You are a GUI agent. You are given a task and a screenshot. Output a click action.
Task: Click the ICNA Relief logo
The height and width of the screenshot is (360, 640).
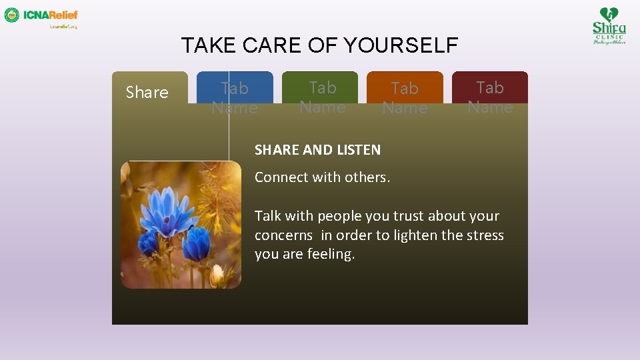(x=41, y=16)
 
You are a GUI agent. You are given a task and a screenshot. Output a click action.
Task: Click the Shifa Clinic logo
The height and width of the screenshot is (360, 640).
(x=609, y=25)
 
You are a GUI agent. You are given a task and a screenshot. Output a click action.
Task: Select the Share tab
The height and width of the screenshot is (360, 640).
(x=147, y=92)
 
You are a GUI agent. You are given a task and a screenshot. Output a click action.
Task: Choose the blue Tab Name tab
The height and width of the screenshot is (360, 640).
(x=235, y=97)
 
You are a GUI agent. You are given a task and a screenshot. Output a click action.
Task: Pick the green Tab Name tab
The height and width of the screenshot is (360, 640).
(x=323, y=97)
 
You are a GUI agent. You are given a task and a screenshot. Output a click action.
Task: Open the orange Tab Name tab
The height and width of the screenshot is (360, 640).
(x=405, y=97)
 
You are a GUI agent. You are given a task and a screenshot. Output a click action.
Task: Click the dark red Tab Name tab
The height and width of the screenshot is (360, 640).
(x=490, y=97)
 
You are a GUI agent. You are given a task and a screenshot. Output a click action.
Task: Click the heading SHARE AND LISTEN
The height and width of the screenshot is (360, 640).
(x=317, y=150)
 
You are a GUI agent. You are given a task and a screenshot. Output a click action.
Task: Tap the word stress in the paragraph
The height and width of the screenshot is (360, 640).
(x=485, y=235)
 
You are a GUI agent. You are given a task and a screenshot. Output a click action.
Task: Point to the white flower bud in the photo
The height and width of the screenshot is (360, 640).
(x=217, y=273)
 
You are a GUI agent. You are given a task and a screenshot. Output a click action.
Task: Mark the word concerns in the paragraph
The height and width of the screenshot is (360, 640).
(x=283, y=235)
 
